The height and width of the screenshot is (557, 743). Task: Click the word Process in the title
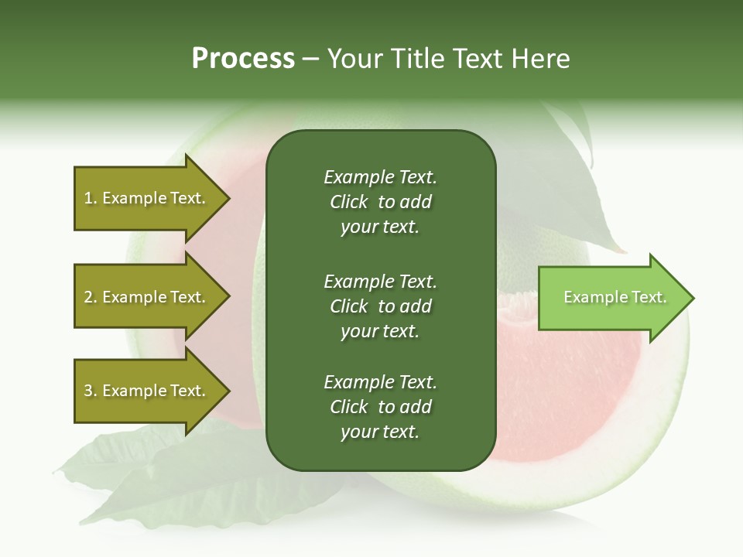pyautogui.click(x=243, y=59)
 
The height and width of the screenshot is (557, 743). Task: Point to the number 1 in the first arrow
pyautogui.click(x=88, y=198)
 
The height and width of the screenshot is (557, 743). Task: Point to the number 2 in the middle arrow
pyautogui.click(x=88, y=297)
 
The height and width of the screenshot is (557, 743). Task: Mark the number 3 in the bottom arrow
pyautogui.click(x=88, y=391)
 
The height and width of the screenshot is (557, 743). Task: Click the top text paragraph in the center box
pyautogui.click(x=380, y=202)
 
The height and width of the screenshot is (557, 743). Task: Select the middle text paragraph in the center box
pyautogui.click(x=380, y=306)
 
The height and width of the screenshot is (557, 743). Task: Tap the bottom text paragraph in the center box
pyautogui.click(x=380, y=407)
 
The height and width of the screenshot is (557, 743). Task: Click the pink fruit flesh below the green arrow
pyautogui.click(x=573, y=387)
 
